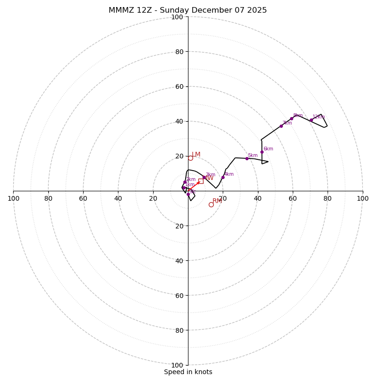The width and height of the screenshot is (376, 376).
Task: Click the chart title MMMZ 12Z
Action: point(188,10)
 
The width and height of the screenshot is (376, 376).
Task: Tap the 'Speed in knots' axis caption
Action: point(188,372)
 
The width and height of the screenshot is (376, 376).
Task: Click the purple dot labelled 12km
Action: point(311,120)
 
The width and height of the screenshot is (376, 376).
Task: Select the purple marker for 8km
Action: point(291,118)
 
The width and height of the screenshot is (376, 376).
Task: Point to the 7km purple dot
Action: point(282,126)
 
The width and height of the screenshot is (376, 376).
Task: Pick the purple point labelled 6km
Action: point(262,152)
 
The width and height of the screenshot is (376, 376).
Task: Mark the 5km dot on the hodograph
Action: point(247,158)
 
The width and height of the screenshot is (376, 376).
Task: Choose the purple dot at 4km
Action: point(223,177)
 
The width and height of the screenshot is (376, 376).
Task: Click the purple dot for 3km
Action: point(204,177)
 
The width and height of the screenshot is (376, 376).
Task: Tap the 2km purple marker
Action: point(185,182)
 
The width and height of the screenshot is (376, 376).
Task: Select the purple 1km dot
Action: point(183,188)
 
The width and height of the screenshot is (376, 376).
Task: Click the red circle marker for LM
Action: point(190,158)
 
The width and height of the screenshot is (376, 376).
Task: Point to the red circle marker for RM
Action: point(211,204)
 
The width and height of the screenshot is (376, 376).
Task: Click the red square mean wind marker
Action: point(201,181)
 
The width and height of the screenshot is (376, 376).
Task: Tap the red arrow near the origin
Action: point(194,185)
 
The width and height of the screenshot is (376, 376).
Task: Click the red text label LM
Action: point(196,155)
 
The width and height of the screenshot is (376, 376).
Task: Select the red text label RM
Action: point(217,201)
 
